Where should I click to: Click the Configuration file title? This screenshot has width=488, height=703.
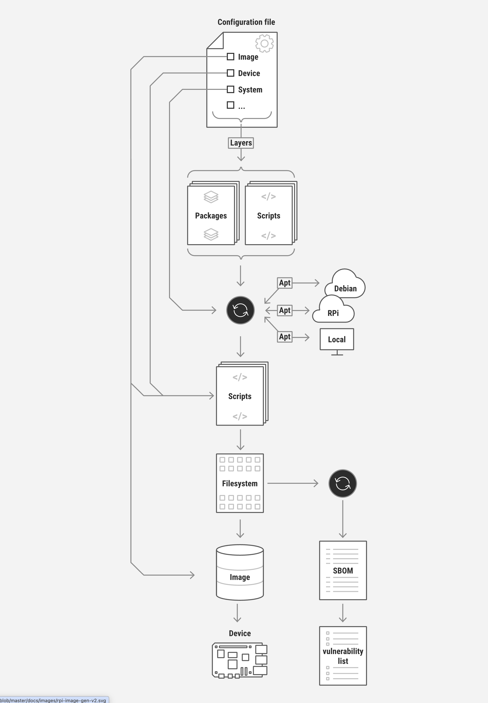[246, 22]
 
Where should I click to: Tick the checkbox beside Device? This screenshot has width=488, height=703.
[231, 73]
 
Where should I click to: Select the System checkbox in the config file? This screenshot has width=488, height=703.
[231, 89]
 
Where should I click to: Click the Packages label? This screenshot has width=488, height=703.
[211, 216]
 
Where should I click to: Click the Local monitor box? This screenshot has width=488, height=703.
[337, 339]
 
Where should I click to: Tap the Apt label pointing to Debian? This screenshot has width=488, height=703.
[285, 283]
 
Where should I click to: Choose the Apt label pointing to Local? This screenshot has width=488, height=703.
[285, 337]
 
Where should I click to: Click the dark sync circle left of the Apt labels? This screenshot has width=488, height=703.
[240, 310]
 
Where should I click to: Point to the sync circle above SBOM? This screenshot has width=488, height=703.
[342, 483]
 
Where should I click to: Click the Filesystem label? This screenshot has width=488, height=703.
[240, 483]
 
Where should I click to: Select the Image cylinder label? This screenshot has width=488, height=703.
[240, 577]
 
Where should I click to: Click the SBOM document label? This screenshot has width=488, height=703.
[343, 570]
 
